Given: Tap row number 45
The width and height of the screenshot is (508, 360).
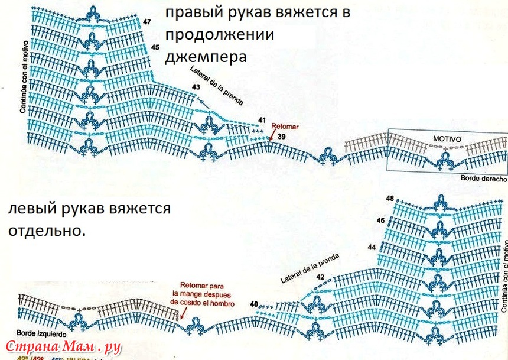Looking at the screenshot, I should [155, 47].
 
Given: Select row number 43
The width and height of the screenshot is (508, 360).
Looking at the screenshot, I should [196, 87].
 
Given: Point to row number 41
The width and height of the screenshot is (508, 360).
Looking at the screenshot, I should [262, 121].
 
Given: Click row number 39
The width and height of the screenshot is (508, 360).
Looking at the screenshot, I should [282, 137].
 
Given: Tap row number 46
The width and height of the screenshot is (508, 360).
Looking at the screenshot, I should [381, 220].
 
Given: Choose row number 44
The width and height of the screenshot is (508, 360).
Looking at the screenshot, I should [372, 247].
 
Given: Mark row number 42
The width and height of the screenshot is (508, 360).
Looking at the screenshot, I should [320, 277].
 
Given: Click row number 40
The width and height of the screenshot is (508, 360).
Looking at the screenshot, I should [253, 304].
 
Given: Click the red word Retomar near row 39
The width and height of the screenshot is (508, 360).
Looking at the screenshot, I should [285, 126].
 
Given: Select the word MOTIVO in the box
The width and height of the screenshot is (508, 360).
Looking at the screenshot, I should [447, 138].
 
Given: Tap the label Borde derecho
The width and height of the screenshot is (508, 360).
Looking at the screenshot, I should [483, 179].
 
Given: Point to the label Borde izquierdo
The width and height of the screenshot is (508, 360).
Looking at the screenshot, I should [40, 333].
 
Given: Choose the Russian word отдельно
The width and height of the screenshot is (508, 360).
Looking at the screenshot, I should [47, 230].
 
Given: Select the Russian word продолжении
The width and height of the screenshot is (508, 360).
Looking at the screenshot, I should [220, 34].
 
